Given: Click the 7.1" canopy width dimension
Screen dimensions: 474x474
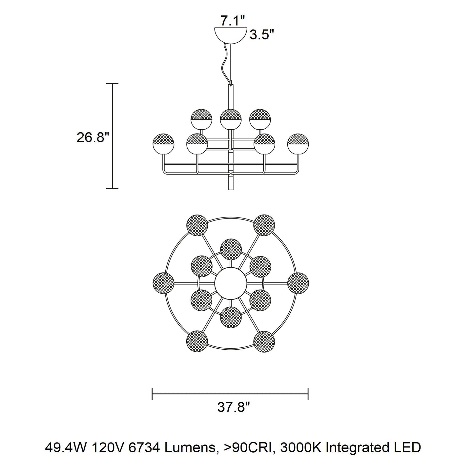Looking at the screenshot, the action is click(233, 21).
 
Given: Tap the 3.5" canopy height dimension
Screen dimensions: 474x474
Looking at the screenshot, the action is click(262, 35).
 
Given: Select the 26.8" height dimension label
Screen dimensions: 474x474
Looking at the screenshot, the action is click(93, 137).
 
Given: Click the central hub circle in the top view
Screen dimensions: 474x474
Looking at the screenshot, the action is click(231, 283).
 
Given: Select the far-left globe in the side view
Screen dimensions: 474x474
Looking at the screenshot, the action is click(163, 144).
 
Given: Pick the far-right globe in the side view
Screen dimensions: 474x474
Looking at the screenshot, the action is click(298, 144).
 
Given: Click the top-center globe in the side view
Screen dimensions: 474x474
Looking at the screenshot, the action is click(231, 119).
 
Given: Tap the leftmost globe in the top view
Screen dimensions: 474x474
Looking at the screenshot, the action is click(163, 283).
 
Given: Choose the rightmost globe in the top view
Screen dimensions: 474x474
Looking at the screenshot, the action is click(298, 283).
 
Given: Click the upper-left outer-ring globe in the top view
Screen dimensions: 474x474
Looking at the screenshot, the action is click(197, 225).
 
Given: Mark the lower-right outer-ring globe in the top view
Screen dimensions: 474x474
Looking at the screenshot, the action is click(264, 342).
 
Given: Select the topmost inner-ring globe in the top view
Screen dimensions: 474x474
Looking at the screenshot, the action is click(231, 249).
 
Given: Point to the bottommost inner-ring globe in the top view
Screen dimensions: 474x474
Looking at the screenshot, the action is click(231, 317).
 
